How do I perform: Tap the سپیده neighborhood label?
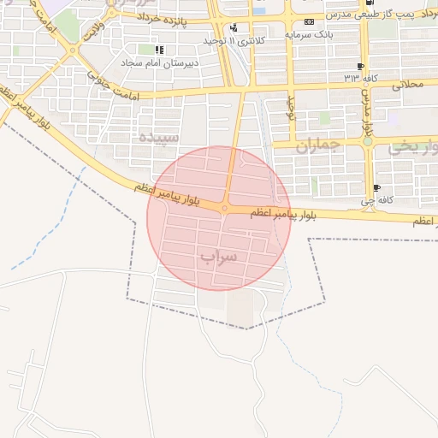pyautogui.click(x=160, y=137)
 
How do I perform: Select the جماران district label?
pyautogui.click(x=318, y=145)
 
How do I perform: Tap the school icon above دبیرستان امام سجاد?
pyautogui.click(x=158, y=49)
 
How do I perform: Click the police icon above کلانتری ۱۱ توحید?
pyautogui.click(x=234, y=27)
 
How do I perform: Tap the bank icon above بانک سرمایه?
pyautogui.click(x=309, y=21)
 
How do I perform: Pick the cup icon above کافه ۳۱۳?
pyautogui.click(x=360, y=65)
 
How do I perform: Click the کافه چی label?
pyautogui.click(x=376, y=201)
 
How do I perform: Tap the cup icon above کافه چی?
pyautogui.click(x=376, y=188)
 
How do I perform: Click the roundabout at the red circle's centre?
pyautogui.click(x=224, y=208)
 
